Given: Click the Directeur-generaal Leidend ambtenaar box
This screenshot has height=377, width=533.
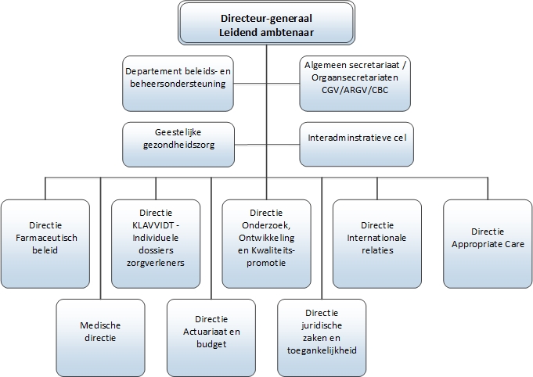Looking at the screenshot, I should tap(267, 23).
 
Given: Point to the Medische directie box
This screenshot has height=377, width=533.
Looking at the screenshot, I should tap(101, 333).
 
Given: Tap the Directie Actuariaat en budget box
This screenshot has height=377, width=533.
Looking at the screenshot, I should tap(212, 333).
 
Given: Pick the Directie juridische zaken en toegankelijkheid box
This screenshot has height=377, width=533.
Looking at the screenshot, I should tap(322, 333).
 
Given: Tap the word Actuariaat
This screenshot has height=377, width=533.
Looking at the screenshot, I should tap(200, 332).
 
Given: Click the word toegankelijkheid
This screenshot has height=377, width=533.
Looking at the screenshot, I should tap(322, 351).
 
